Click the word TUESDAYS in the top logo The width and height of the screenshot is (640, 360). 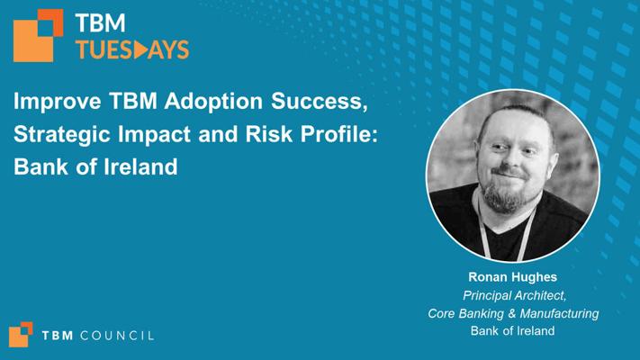point(132,49)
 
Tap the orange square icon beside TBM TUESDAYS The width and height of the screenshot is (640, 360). point(39,35)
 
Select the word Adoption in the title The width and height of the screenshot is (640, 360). point(213,102)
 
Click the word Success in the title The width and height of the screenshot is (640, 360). point(320,101)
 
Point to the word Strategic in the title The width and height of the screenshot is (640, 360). point(61,135)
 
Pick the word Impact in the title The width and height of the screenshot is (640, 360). point(154,135)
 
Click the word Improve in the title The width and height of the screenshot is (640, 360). point(57,102)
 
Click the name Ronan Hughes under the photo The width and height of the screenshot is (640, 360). point(513,277)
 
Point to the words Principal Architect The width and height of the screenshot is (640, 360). point(514,295)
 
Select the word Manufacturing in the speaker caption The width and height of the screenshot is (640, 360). point(559,313)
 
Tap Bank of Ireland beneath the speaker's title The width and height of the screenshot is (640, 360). point(513,330)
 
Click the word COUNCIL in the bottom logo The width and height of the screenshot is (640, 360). point(117,336)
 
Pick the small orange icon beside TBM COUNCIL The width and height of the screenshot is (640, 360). point(21,334)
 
